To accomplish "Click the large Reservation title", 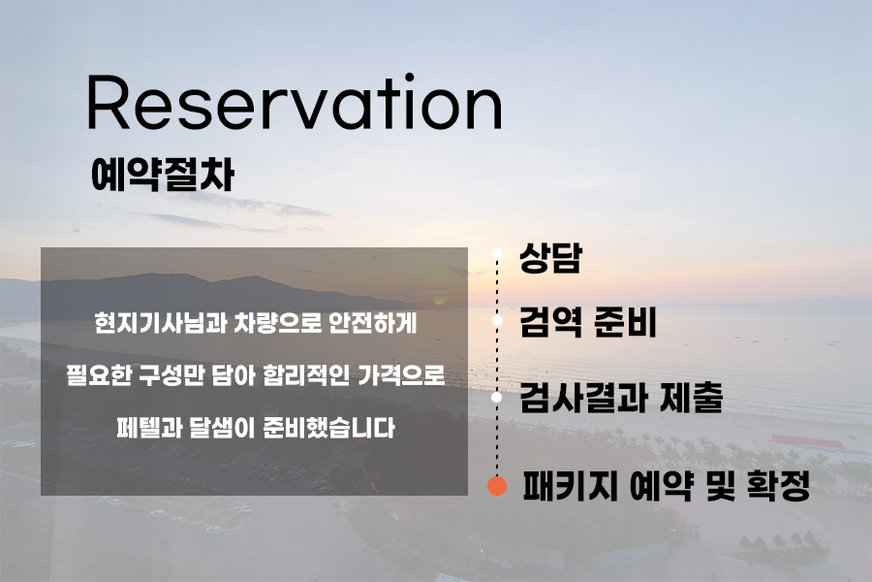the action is [295, 103].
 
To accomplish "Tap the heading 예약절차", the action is [163, 175].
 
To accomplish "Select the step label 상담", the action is [550, 258].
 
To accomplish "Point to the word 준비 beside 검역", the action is [626, 322].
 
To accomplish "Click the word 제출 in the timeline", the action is [691, 397].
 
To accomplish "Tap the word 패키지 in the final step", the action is [570, 486].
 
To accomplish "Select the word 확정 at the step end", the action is [778, 486].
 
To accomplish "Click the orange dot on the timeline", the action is [497, 486].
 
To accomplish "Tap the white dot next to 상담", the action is [497, 254].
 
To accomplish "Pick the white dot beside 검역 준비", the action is [497, 321].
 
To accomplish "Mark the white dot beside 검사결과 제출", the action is [497, 397].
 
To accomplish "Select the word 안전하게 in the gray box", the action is [373, 323].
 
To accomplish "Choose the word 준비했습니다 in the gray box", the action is [328, 428].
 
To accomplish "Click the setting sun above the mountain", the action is [440, 302].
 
